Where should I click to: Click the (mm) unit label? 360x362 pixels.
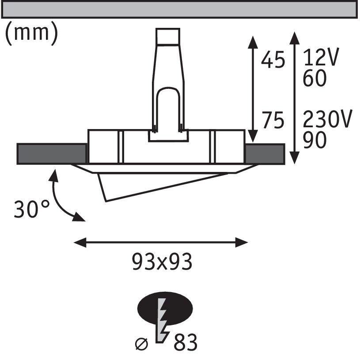click(31, 34)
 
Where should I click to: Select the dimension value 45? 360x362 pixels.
click(273, 61)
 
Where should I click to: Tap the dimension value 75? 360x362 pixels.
click(273, 120)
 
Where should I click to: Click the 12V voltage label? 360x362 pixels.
click(321, 58)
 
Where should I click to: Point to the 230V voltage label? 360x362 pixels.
click(327, 119)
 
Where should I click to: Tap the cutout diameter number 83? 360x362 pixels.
click(185, 343)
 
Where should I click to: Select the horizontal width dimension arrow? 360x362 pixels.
click(161, 241)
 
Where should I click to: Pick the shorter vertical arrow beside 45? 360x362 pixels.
click(253, 88)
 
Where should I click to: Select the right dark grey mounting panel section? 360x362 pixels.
click(265, 153)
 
